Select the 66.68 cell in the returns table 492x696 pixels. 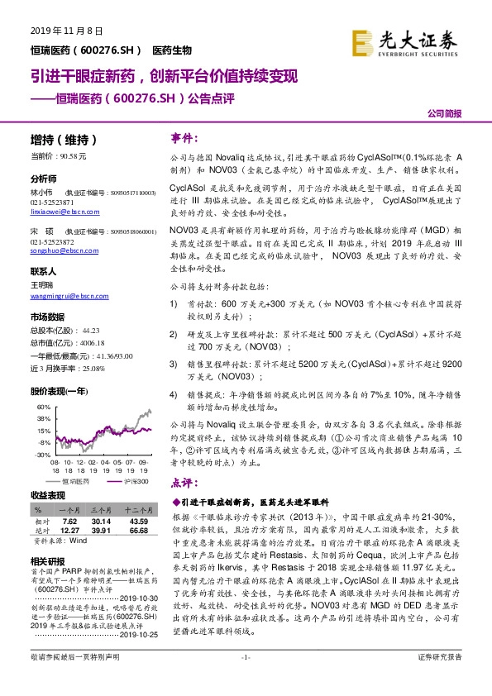[x=138, y=530]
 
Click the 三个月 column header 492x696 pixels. [x=101, y=512]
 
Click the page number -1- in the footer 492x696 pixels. [x=245, y=679]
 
